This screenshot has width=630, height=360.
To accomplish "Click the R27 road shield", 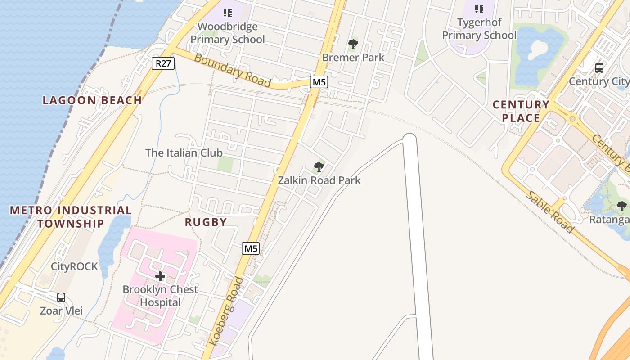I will point(163,63).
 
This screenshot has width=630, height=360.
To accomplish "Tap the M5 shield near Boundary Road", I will point(319,82).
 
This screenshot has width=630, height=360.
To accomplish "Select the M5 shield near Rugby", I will point(251,248).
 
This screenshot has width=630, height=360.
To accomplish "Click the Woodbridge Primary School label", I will point(228,33).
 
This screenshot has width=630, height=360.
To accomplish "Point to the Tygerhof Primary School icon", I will point(479,9).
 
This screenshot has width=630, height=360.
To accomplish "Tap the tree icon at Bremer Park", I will point(353,44).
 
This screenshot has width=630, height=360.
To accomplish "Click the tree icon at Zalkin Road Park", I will point(319,167).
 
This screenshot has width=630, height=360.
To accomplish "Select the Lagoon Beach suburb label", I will point(92,100).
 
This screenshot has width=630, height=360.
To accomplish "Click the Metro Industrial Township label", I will point(71,216).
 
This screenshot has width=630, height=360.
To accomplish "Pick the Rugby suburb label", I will point(206,222).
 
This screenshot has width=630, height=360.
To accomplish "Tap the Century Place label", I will point(521,111).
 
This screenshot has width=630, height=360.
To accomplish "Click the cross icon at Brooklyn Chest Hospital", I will point(160,276).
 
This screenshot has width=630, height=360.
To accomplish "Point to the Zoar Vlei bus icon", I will point(61,297).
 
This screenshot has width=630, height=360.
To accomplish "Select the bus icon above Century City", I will point(599,68).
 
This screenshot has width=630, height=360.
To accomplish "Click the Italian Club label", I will point(184,153).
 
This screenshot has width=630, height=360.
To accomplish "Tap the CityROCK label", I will point(74,266).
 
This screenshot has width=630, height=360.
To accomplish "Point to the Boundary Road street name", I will point(232,71).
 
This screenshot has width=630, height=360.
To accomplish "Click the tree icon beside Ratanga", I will point(621,206).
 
